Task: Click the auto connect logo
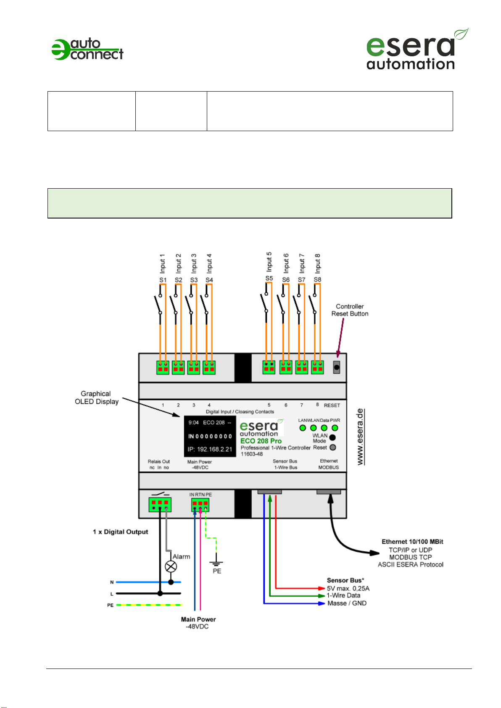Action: click(x=87, y=49)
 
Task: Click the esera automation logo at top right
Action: click(x=417, y=49)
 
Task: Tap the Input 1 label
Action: click(x=162, y=263)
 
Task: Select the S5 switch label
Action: click(x=269, y=278)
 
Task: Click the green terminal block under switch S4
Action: click(x=209, y=368)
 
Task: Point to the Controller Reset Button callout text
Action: click(x=350, y=310)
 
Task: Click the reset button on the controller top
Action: click(x=337, y=367)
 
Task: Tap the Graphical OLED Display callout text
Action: click(x=96, y=397)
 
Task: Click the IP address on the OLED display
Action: click(x=210, y=449)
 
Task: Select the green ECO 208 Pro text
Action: click(x=261, y=441)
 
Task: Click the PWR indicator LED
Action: click(x=335, y=428)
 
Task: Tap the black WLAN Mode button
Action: click(x=332, y=437)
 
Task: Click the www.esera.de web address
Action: click(x=360, y=437)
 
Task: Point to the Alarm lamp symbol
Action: click(x=171, y=566)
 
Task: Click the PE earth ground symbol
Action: click(x=216, y=563)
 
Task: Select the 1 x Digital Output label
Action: click(x=121, y=532)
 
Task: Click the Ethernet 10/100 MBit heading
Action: click(x=412, y=542)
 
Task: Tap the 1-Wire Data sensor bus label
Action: click(x=343, y=595)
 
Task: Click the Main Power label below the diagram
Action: click(x=198, y=619)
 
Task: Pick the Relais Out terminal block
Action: click(x=160, y=505)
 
